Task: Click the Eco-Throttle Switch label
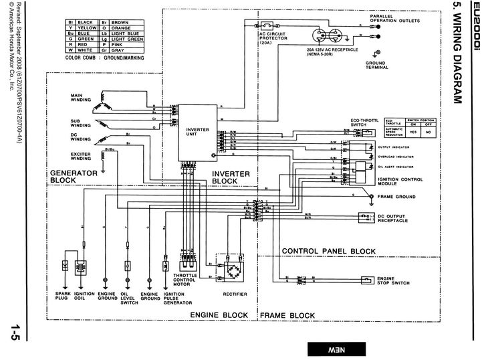pyautogui.click(x=365, y=123)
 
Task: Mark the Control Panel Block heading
pyautogui.click(x=328, y=252)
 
